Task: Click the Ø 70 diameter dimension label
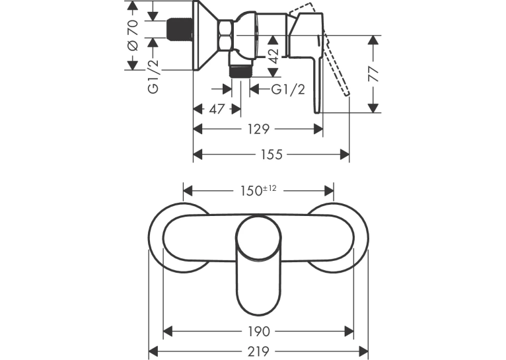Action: coord(133,35)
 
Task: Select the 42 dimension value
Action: coord(273,56)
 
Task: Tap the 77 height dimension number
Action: coord(373,74)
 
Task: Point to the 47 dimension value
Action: coord(217,109)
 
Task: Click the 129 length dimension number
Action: coord(258,129)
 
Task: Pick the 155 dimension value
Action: coord(271,155)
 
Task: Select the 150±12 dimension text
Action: coord(258,190)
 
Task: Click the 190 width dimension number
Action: coord(258,332)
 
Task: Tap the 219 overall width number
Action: coord(258,351)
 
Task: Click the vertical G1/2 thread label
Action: coord(154,77)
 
